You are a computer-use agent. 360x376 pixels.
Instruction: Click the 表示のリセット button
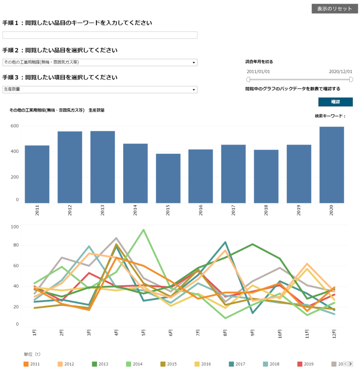(x=335, y=9)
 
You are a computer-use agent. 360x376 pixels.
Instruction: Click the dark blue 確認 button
(x=335, y=102)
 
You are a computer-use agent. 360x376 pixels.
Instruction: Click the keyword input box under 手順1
(x=100, y=35)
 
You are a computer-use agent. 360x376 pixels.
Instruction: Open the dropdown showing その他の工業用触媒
(x=100, y=62)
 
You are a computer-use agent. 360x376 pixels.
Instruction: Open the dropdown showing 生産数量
(x=100, y=90)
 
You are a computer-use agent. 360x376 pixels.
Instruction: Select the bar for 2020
(x=332, y=165)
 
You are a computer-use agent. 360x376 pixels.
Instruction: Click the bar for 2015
(x=168, y=178)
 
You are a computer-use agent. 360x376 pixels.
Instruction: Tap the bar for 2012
(x=70, y=167)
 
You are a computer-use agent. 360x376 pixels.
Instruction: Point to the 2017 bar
(x=233, y=174)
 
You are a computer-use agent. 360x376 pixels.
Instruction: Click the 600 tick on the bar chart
(x=15, y=126)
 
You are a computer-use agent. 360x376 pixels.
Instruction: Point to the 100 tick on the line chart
(x=15, y=227)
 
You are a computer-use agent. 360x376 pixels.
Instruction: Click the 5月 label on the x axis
(x=143, y=333)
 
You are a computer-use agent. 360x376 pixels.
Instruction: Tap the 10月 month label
(x=280, y=334)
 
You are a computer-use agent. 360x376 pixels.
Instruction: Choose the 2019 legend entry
(x=305, y=364)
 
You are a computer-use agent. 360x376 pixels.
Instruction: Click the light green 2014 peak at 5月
(x=143, y=230)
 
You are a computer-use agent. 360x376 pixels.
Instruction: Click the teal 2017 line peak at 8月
(x=225, y=242)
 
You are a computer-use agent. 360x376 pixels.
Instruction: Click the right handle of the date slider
(x=351, y=79)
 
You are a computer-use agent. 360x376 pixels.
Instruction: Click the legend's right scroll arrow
(x=350, y=364)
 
